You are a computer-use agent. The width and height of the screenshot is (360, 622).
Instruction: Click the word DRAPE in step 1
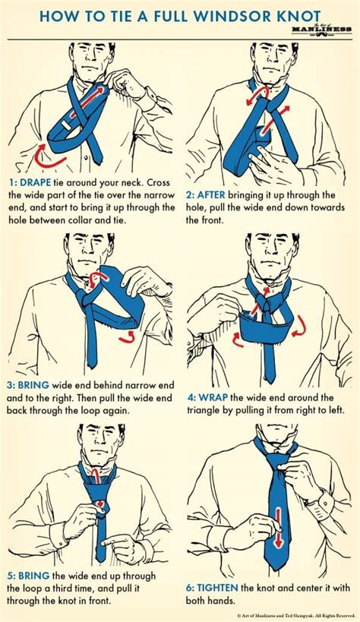click(36, 184)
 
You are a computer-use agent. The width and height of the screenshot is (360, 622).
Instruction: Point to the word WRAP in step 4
click(213, 397)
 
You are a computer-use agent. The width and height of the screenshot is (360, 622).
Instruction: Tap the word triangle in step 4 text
click(208, 411)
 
